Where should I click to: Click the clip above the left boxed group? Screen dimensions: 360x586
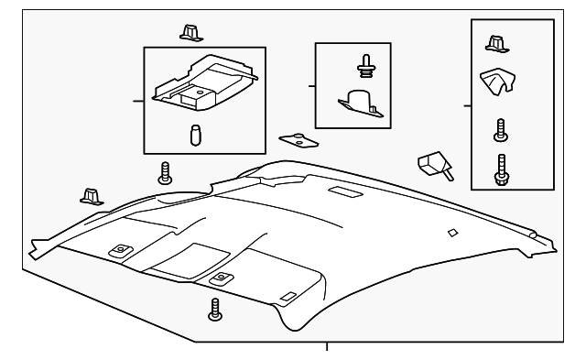click(x=190, y=32)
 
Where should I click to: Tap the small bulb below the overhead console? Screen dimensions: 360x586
click(x=195, y=133)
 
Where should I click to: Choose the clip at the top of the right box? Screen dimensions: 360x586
click(x=495, y=44)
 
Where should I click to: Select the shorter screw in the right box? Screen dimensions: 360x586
click(x=499, y=129)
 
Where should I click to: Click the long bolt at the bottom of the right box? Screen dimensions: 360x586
click(x=500, y=168)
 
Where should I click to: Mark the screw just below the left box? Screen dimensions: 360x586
click(x=165, y=172)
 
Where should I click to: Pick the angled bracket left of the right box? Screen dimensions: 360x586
click(x=432, y=166)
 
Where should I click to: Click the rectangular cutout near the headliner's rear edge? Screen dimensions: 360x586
click(x=345, y=192)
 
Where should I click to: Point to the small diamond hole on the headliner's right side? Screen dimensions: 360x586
click(x=451, y=234)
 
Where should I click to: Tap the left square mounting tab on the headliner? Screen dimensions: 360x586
click(x=118, y=249)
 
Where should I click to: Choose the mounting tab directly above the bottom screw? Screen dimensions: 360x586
click(x=220, y=278)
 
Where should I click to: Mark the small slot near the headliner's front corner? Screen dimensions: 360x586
click(x=287, y=297)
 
